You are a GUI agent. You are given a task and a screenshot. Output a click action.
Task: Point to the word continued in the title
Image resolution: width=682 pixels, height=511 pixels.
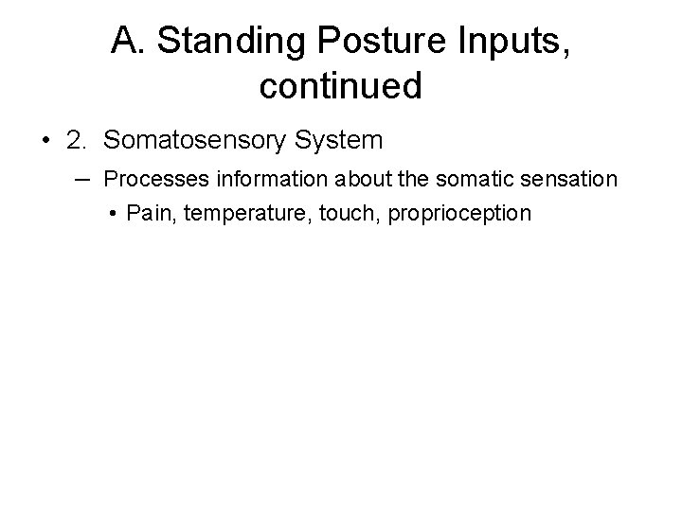point(340,86)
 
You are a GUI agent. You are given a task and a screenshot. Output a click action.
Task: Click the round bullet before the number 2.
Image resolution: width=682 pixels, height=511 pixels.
point(45,142)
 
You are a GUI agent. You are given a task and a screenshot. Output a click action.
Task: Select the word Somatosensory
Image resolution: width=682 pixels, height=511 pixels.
point(199,141)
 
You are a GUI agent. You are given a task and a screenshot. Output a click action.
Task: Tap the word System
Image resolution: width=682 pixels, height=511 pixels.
point(341,141)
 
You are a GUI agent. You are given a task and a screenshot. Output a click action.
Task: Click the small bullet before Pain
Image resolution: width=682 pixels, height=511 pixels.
point(113,214)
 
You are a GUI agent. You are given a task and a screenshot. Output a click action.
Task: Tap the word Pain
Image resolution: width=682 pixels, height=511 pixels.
point(145,214)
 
